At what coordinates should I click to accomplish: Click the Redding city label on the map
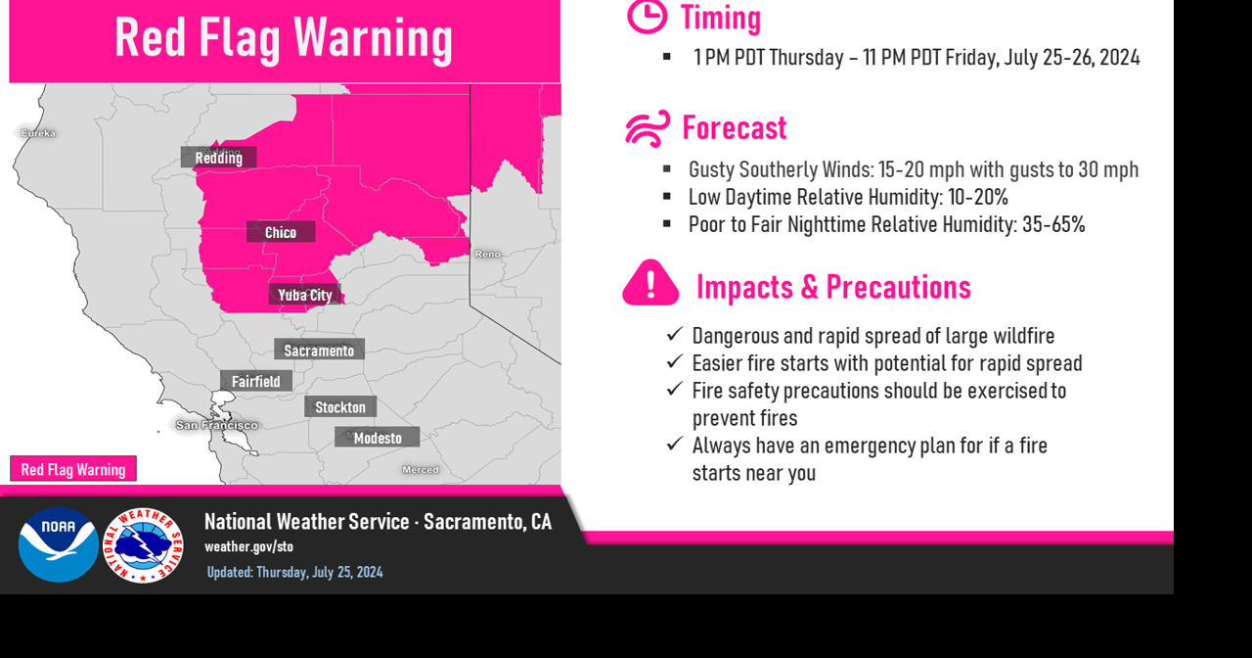pyautogui.click(x=218, y=158)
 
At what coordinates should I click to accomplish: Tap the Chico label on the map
pyautogui.click(x=281, y=232)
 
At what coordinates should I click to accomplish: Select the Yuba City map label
pyautogui.click(x=305, y=295)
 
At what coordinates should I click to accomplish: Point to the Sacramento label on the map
pyautogui.click(x=319, y=350)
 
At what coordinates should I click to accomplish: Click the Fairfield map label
pyautogui.click(x=255, y=381)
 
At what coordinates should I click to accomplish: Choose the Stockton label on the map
pyautogui.click(x=340, y=406)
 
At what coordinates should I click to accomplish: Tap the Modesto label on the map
pyautogui.click(x=378, y=438)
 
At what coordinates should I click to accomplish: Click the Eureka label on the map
pyautogui.click(x=38, y=133)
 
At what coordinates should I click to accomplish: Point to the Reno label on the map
pyautogui.click(x=487, y=255)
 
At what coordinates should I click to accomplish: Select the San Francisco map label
pyautogui.click(x=216, y=425)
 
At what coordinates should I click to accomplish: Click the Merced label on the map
pyautogui.click(x=421, y=470)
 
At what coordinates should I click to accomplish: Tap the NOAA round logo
pyautogui.click(x=58, y=544)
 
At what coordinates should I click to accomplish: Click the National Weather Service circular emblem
pyautogui.click(x=143, y=544)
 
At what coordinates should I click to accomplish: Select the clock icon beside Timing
pyautogui.click(x=647, y=16)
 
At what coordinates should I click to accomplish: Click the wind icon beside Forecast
pyautogui.click(x=648, y=128)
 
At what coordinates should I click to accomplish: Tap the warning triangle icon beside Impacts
pyautogui.click(x=650, y=284)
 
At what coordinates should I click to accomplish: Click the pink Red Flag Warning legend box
pyautogui.click(x=73, y=469)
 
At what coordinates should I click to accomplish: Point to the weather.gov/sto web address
pyautogui.click(x=248, y=546)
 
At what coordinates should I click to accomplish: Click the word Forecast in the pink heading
pyautogui.click(x=734, y=128)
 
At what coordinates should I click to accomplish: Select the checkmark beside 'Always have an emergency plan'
pyautogui.click(x=674, y=444)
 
